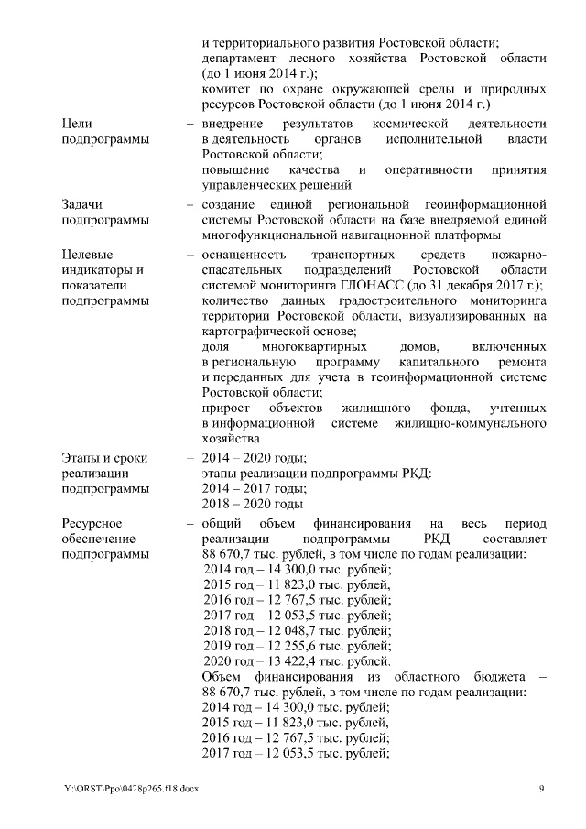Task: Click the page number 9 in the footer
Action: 542,789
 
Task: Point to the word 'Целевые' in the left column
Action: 85,254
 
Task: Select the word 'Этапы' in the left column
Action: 81,457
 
